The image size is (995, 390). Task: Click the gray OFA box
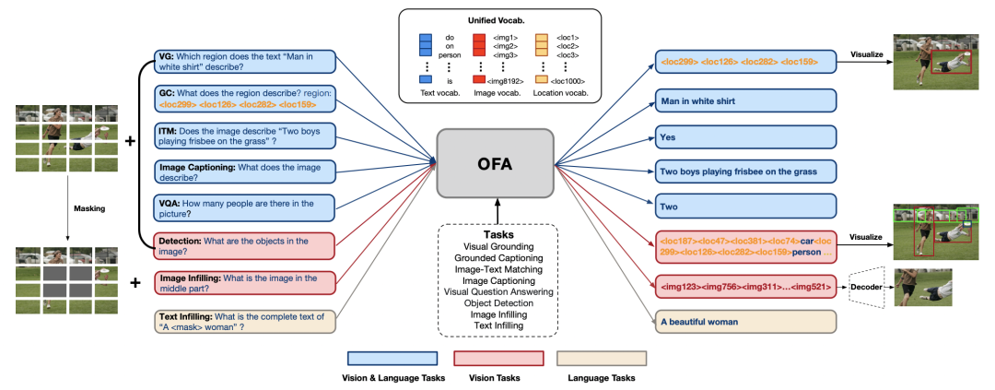pyautogui.click(x=494, y=162)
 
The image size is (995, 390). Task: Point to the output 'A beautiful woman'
pyautogui.click(x=744, y=323)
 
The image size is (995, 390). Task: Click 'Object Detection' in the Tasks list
pyautogui.click(x=497, y=302)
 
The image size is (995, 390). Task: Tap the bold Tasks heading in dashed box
pyautogui.click(x=497, y=233)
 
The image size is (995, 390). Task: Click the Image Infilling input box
pyautogui.click(x=245, y=283)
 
